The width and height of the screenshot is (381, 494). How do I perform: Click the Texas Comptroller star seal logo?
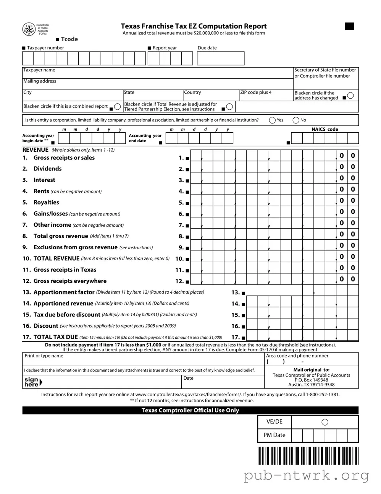29,29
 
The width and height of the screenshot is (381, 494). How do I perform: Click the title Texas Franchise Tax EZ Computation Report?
194,26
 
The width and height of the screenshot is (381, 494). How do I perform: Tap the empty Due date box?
220,58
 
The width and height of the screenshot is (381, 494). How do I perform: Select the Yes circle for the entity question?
272,120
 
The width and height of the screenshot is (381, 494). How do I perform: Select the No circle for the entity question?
296,120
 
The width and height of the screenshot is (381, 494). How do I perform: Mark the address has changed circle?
350,96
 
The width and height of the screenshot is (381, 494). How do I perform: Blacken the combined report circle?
118,107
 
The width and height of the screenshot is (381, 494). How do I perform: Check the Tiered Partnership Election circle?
229,107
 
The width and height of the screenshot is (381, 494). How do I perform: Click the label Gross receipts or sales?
64,158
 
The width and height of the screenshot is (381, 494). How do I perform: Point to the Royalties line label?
46,203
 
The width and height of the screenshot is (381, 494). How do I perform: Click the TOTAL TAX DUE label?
55,337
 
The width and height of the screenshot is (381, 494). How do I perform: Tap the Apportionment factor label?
64,292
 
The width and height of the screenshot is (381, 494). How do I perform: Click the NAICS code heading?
324,129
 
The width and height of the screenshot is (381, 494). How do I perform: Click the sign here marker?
32,382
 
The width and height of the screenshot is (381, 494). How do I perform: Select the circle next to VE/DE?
325,422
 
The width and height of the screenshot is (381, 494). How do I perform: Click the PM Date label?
274,435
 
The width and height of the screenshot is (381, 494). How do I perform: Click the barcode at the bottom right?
308,455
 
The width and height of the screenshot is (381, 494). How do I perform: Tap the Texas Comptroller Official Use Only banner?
190,410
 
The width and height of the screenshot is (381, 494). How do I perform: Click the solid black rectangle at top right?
349,26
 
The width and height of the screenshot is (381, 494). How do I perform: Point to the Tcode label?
69,39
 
